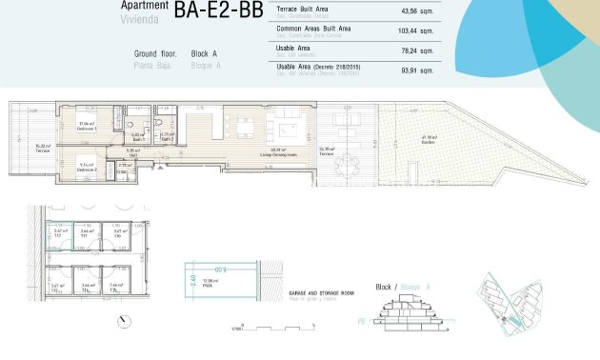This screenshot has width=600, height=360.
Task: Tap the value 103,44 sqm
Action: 415,31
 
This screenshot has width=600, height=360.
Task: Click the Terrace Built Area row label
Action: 303,8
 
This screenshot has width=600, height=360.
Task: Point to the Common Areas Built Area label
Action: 313,29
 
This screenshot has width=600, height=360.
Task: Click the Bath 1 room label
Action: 136,137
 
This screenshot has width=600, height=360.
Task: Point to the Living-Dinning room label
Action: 279,153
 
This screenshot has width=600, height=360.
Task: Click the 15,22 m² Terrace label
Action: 42,149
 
